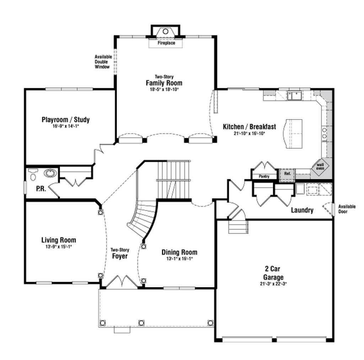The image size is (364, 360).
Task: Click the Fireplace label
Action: (x=166, y=43)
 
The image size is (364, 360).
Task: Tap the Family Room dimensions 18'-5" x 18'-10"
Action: (x=164, y=89)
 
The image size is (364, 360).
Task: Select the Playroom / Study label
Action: (x=66, y=120)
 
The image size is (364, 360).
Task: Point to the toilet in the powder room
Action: (x=33, y=174)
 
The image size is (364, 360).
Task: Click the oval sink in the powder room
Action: (x=50, y=173)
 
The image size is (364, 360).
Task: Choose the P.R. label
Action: (x=41, y=189)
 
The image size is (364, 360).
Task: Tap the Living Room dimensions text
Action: (x=59, y=247)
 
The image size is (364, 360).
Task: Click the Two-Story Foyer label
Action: (x=120, y=253)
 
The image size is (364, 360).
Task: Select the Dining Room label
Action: (x=180, y=252)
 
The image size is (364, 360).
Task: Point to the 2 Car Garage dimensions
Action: (x=273, y=284)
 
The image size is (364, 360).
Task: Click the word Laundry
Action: (x=302, y=210)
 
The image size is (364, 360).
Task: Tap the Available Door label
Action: (x=347, y=209)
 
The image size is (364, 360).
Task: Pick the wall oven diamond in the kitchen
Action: (x=320, y=166)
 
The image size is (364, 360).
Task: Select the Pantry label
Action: (x=264, y=176)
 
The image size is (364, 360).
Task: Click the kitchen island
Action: (x=293, y=134)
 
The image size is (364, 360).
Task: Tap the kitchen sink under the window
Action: (x=294, y=95)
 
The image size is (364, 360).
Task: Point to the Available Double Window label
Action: (x=103, y=62)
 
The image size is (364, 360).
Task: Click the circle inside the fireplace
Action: (x=165, y=31)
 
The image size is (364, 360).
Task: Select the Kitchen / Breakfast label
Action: (x=249, y=127)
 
